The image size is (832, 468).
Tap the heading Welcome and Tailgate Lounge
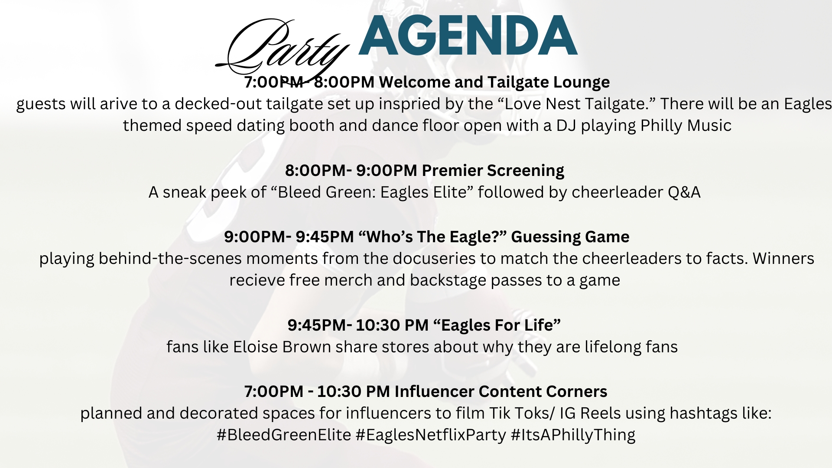[494, 82]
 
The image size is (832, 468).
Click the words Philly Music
[686, 126]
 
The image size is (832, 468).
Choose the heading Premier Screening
[493, 171]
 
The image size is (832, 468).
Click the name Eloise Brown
[282, 347]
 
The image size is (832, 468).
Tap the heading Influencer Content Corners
[500, 392]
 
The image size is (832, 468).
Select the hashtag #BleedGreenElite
[284, 435]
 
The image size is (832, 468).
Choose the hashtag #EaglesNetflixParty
[431, 435]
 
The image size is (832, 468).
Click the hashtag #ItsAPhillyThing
[573, 435]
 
